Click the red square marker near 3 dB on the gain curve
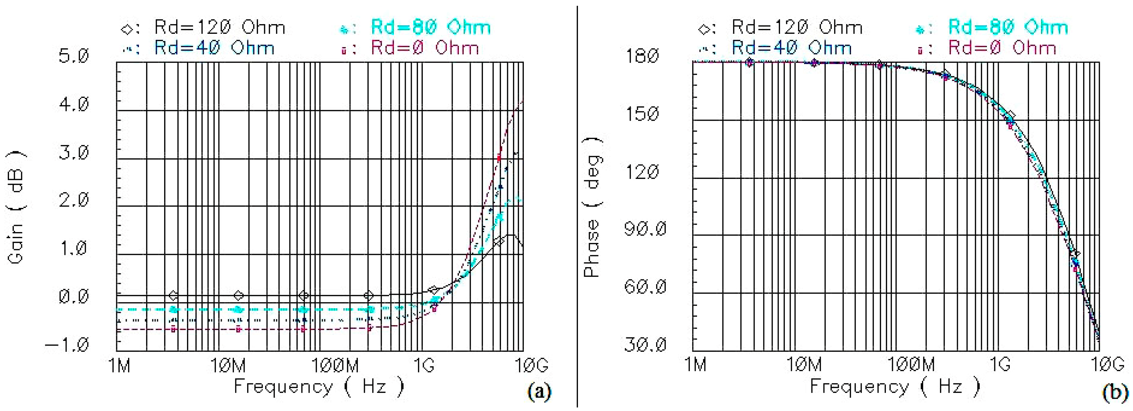(499, 157)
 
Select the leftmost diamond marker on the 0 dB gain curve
(173, 295)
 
